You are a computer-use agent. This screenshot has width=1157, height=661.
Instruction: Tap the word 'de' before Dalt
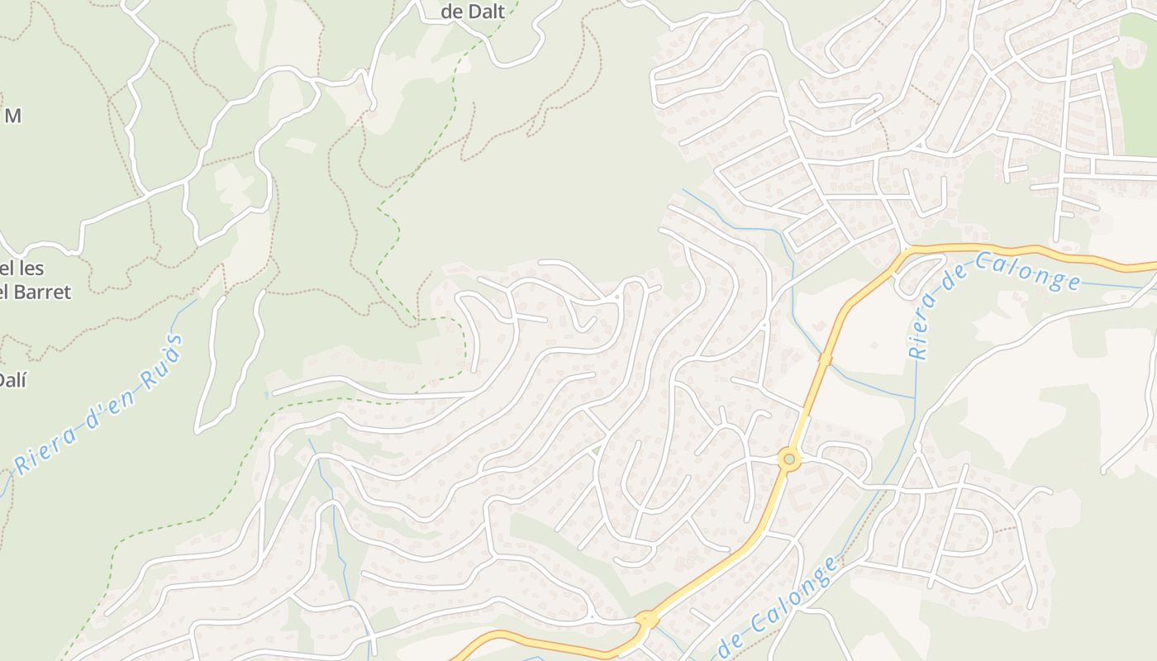tap(453, 12)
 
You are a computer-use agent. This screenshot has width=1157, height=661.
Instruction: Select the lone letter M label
tap(12, 116)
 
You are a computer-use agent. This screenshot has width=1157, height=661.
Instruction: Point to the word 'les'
tap(30, 269)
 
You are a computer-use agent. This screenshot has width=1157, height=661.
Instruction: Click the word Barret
tap(42, 292)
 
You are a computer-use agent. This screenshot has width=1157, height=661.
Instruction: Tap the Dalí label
tap(12, 381)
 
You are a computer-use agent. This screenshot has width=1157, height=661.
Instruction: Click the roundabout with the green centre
tap(789, 459)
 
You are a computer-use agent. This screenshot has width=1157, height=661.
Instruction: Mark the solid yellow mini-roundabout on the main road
tap(646, 618)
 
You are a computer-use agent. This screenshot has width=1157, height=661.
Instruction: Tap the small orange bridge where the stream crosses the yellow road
tap(825, 359)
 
